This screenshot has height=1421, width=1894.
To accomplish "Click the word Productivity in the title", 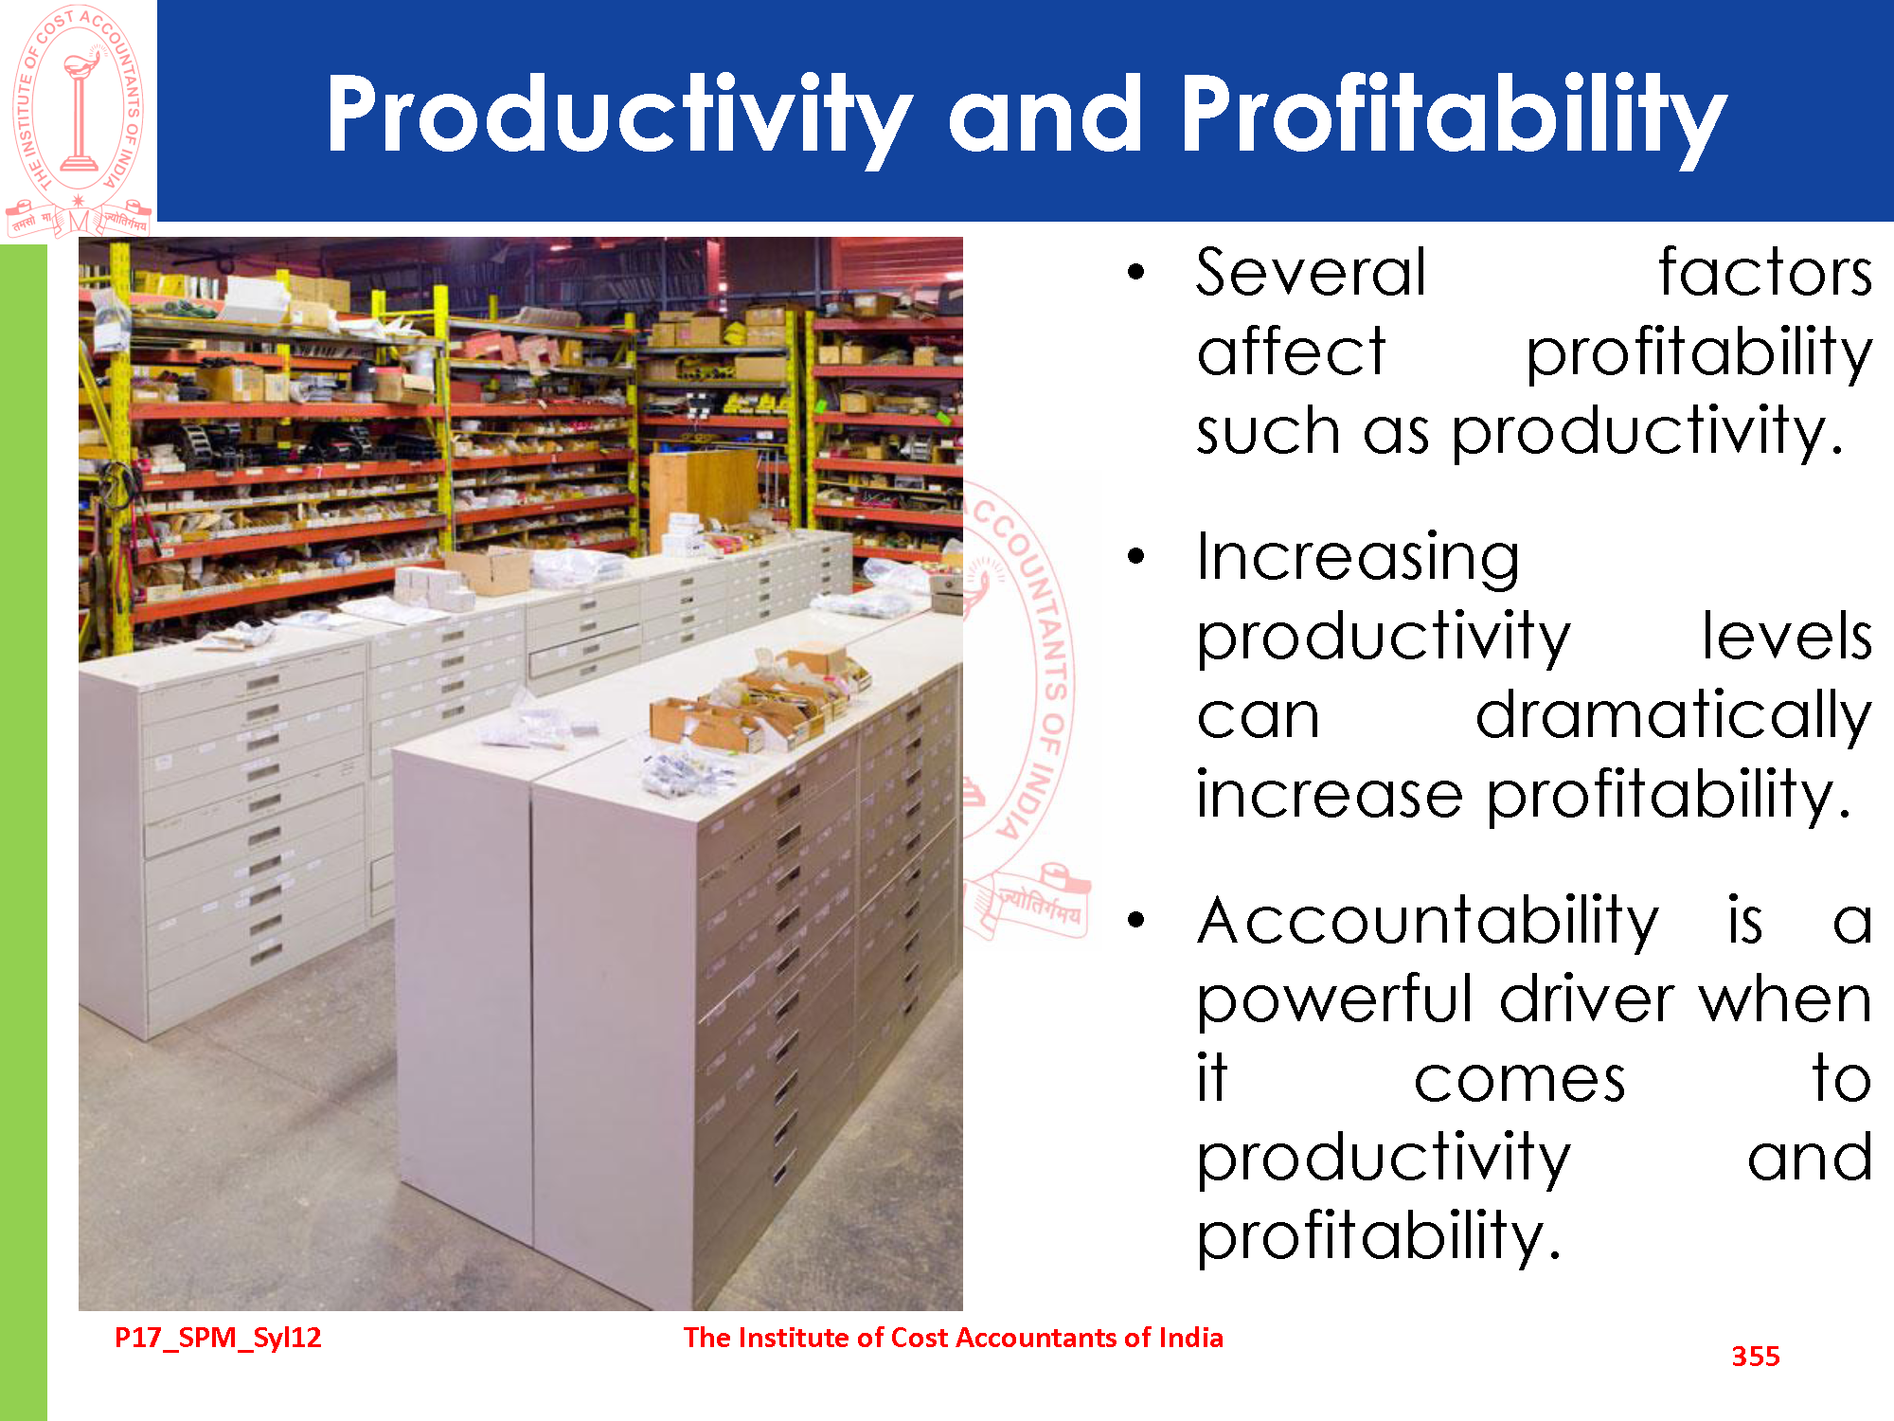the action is (x=619, y=116).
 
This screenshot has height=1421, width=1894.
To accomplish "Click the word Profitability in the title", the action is (x=1454, y=116).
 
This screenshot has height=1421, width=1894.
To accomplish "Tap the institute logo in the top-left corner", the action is (x=79, y=120).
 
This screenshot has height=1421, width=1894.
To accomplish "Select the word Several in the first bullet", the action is (x=1311, y=273).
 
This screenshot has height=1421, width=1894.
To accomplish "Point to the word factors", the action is (x=1765, y=273).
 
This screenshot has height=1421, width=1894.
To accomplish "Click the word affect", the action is (x=1291, y=351).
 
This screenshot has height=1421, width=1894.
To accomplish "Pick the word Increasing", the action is (x=1358, y=559).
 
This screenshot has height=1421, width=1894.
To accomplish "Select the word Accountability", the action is (x=1427, y=921).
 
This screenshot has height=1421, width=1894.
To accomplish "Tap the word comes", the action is (x=1520, y=1081).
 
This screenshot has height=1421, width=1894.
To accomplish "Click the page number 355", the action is (x=1756, y=1357).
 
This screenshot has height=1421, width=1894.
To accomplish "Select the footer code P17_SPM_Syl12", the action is (x=218, y=1338).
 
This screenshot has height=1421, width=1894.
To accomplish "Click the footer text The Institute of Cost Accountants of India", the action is (x=954, y=1338).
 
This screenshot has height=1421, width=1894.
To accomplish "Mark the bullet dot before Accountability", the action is (x=1137, y=919).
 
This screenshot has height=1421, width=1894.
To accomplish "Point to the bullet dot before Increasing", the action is (x=1137, y=556).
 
